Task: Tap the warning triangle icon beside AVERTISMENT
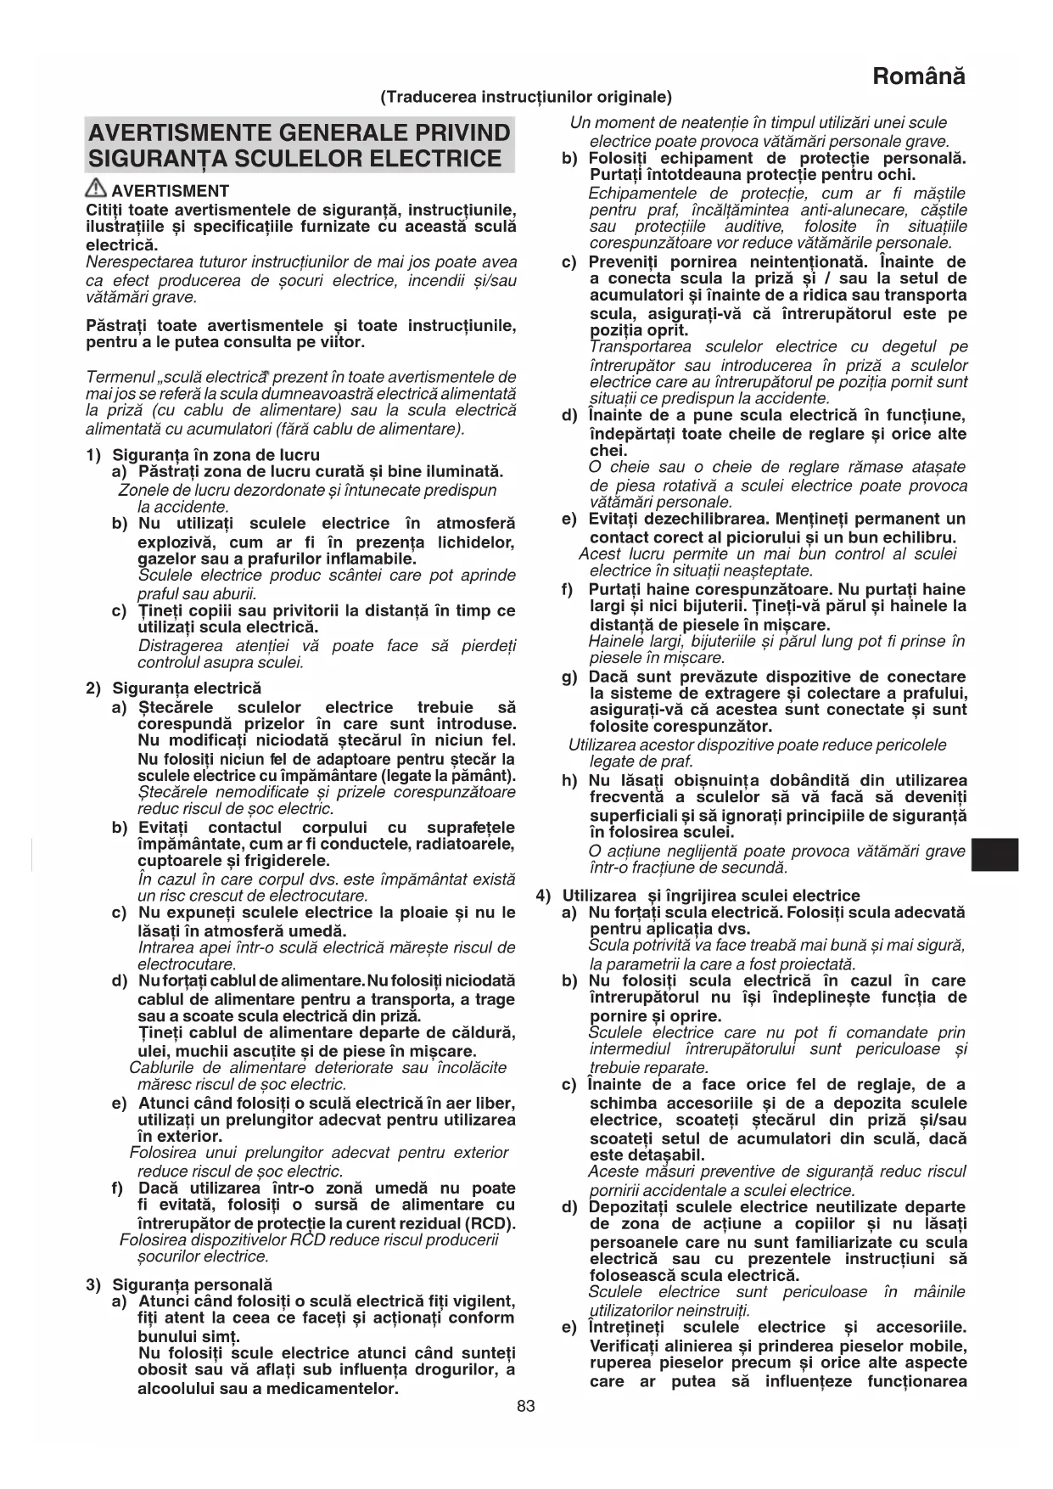[96, 190]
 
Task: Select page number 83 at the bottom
[526, 1430]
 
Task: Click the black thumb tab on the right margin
[994, 854]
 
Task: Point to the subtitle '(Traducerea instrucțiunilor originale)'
[526, 97]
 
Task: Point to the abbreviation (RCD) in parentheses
[490, 1223]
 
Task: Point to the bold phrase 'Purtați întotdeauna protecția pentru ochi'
[753, 175]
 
